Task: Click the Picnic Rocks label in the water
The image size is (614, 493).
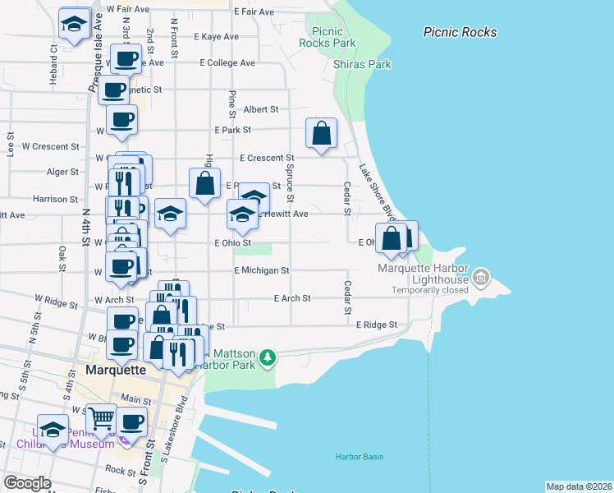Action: (x=460, y=32)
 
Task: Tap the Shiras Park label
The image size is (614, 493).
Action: (x=362, y=64)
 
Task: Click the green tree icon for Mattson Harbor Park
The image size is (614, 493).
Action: (x=267, y=357)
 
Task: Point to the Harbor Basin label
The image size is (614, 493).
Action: (x=359, y=457)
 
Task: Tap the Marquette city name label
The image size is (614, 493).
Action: (x=116, y=370)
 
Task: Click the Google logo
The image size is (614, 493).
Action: (x=27, y=482)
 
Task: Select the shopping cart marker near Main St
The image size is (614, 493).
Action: (x=100, y=419)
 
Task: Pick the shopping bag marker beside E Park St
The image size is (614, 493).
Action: (x=322, y=132)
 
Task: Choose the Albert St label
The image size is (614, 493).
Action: (x=261, y=108)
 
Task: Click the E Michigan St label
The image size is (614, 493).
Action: (x=261, y=270)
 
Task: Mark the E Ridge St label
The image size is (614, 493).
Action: (x=376, y=325)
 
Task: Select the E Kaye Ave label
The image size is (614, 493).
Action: (x=216, y=37)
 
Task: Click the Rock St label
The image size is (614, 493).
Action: (x=120, y=471)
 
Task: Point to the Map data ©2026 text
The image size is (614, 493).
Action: (x=579, y=486)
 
